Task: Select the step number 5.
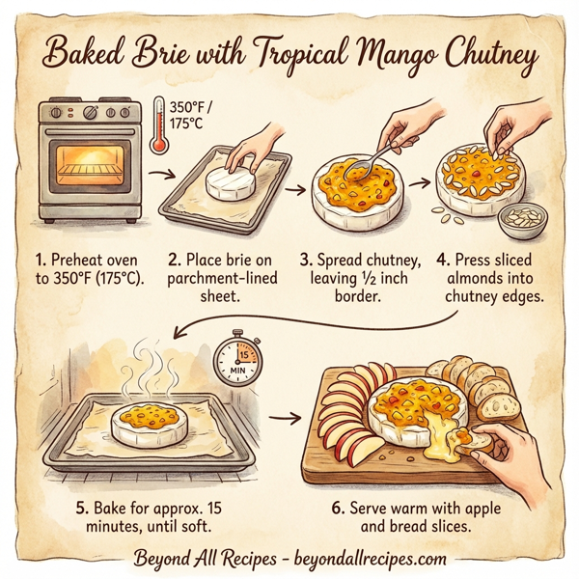coord(83,506)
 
